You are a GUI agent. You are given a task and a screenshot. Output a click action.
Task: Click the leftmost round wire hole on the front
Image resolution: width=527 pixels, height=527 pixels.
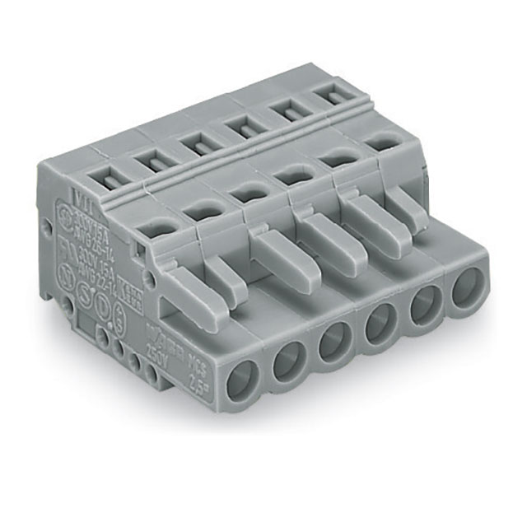click(245, 382)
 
